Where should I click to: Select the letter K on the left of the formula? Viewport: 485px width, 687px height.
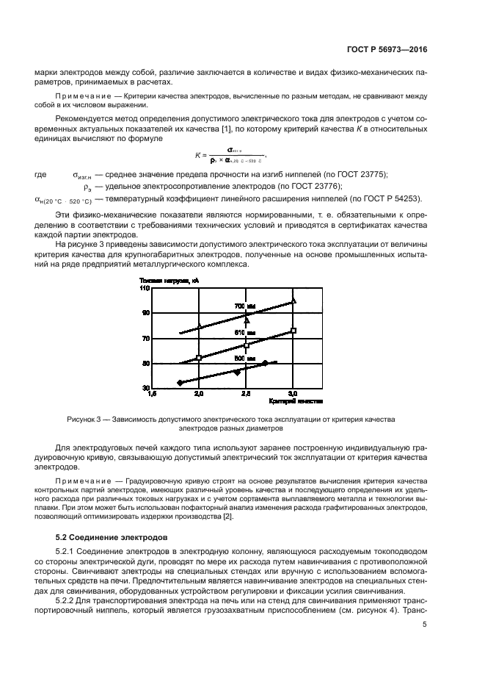197,155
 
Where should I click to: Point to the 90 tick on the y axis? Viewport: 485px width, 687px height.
145,313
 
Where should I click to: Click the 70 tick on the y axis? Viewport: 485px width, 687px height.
145,338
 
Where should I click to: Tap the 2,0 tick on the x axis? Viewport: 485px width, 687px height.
199,395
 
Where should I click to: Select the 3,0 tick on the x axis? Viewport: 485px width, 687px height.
293,395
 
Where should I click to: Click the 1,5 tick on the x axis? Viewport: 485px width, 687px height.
152,395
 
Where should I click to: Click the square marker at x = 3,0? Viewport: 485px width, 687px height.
293,331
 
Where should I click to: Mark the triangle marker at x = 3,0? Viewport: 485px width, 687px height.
293,301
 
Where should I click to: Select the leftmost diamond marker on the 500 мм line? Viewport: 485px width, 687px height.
180,383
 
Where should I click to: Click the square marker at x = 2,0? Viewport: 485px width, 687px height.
199,358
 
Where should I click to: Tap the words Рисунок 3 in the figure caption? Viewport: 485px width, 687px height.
84,419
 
